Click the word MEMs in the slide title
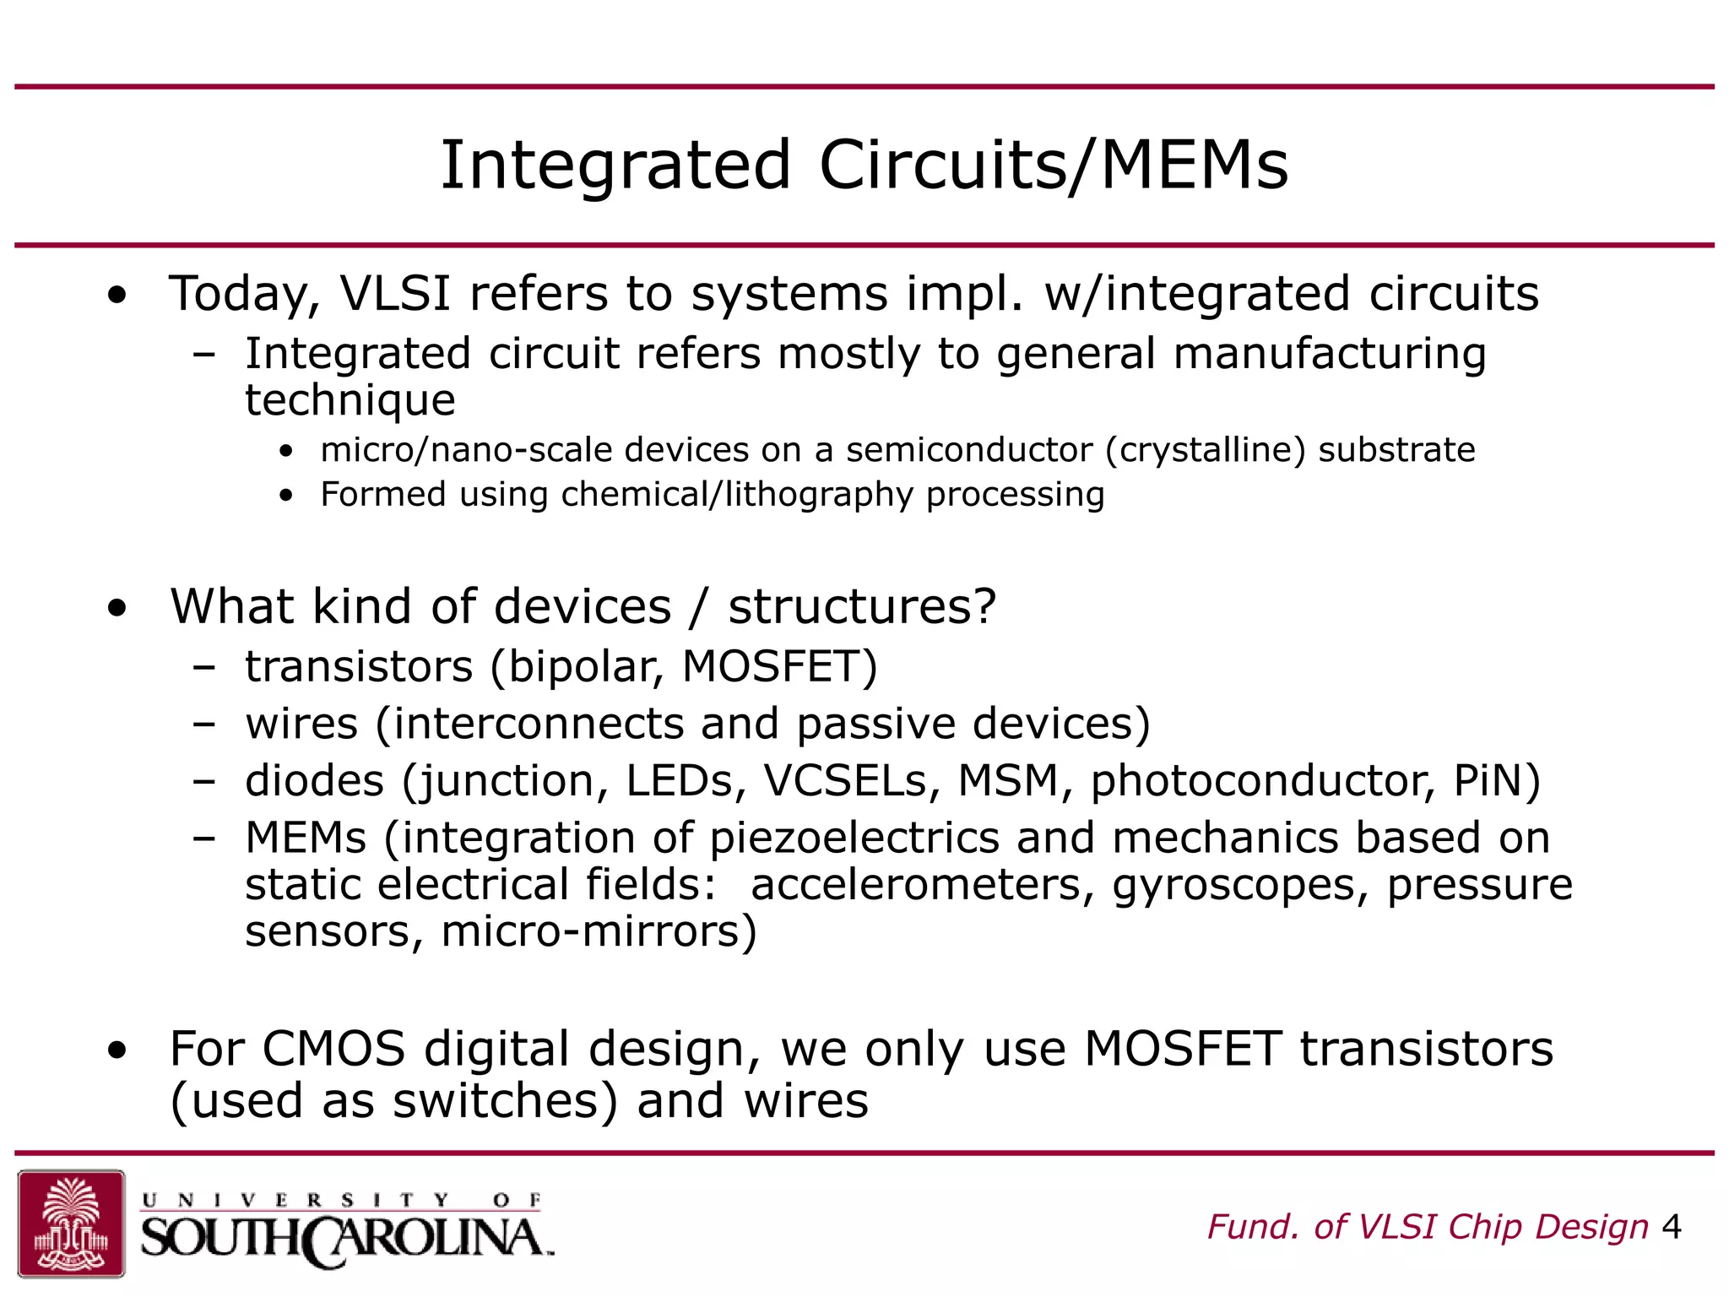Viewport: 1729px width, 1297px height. point(1195,166)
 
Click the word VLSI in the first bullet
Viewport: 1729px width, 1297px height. point(395,294)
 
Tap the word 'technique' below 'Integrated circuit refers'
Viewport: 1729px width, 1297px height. point(350,400)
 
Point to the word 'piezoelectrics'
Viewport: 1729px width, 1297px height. point(854,839)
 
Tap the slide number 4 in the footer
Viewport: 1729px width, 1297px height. point(1671,1227)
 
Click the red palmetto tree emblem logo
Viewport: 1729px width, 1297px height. point(72,1223)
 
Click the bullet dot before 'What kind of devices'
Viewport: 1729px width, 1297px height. point(117,608)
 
